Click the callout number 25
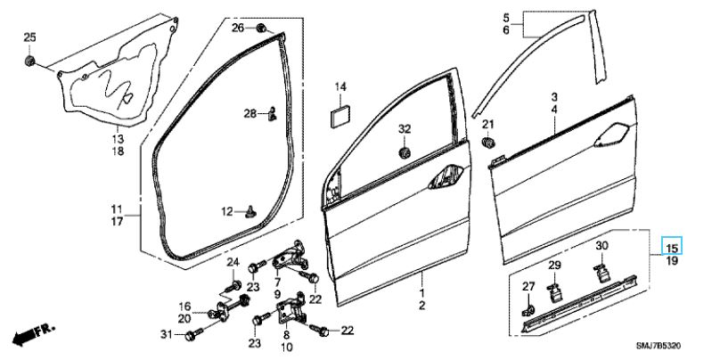coord(29,37)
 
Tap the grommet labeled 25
coord(29,61)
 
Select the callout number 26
coord(238,29)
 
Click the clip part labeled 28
coord(273,113)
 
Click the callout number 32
coord(404,129)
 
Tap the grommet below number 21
coord(487,143)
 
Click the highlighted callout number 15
coord(673,246)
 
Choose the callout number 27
coord(528,286)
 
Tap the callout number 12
coord(226,211)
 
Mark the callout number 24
coord(233,262)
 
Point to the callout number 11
coord(117,209)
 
